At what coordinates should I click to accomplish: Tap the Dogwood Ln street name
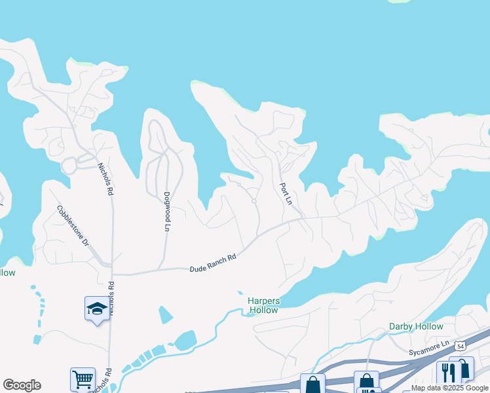tap(167, 211)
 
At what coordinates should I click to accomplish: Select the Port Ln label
tap(285, 193)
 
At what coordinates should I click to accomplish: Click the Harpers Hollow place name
tap(263, 305)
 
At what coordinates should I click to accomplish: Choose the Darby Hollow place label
tap(416, 326)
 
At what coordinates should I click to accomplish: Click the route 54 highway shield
tap(461, 345)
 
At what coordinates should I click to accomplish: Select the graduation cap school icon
tap(97, 309)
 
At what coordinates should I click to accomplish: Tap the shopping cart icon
tap(83, 379)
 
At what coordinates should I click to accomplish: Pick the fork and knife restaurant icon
tap(449, 372)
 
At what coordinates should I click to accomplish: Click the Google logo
tap(22, 385)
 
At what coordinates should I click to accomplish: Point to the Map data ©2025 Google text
tap(449, 388)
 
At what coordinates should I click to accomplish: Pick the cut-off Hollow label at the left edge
tap(7, 272)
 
